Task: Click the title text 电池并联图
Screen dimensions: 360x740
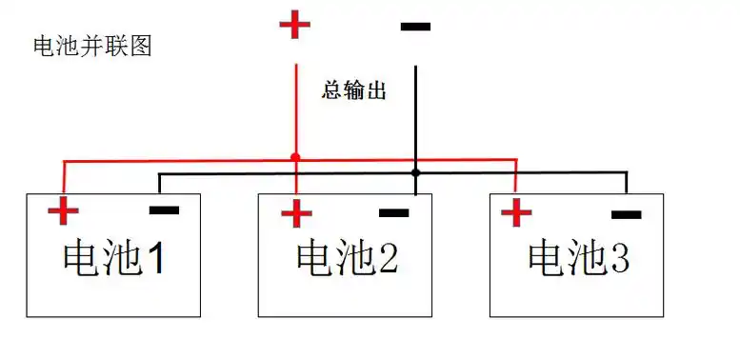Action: point(92,46)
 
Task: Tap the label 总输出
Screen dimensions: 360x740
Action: point(354,91)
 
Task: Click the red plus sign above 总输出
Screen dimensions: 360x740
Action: point(294,25)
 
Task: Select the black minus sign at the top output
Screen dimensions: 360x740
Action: point(415,27)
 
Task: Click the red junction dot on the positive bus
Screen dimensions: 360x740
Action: point(295,157)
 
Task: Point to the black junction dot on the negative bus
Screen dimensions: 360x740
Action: point(415,172)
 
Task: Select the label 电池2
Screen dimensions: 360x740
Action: point(347,257)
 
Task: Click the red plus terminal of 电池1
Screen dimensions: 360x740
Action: point(64,211)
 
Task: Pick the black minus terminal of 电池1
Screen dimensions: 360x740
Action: point(164,210)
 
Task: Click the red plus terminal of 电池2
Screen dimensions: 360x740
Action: point(296,212)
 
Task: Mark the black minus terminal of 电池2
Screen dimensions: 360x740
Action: point(393,211)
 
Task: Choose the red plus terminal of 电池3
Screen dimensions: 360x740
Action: point(516,212)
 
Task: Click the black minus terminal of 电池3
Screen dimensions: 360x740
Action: point(626,215)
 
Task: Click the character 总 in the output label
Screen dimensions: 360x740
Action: point(332,91)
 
